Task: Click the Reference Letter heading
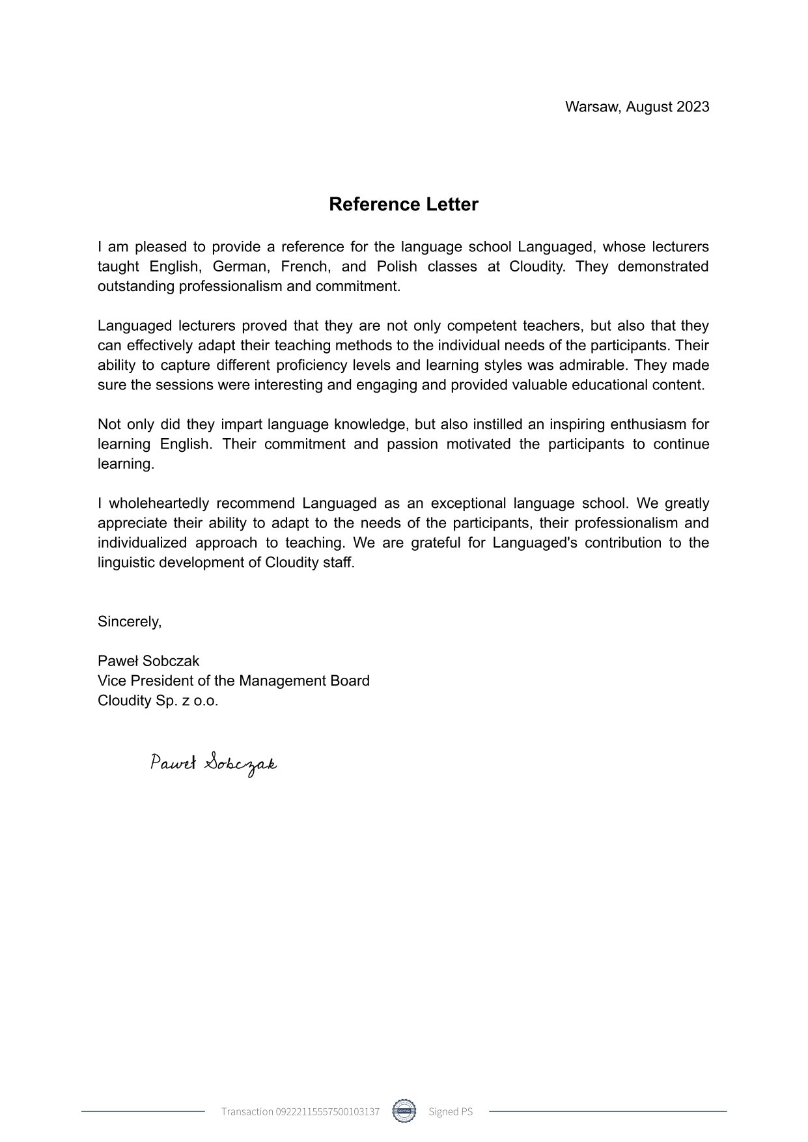coord(403,204)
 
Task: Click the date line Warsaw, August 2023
coord(637,107)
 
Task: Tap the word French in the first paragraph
coord(303,267)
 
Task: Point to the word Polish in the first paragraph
coord(397,267)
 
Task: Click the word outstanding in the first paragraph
coord(136,286)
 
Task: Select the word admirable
coord(594,365)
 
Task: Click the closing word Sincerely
coord(129,622)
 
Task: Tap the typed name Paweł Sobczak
coord(148,661)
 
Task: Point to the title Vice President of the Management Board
coord(233,681)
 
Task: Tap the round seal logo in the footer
coord(404,1111)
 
